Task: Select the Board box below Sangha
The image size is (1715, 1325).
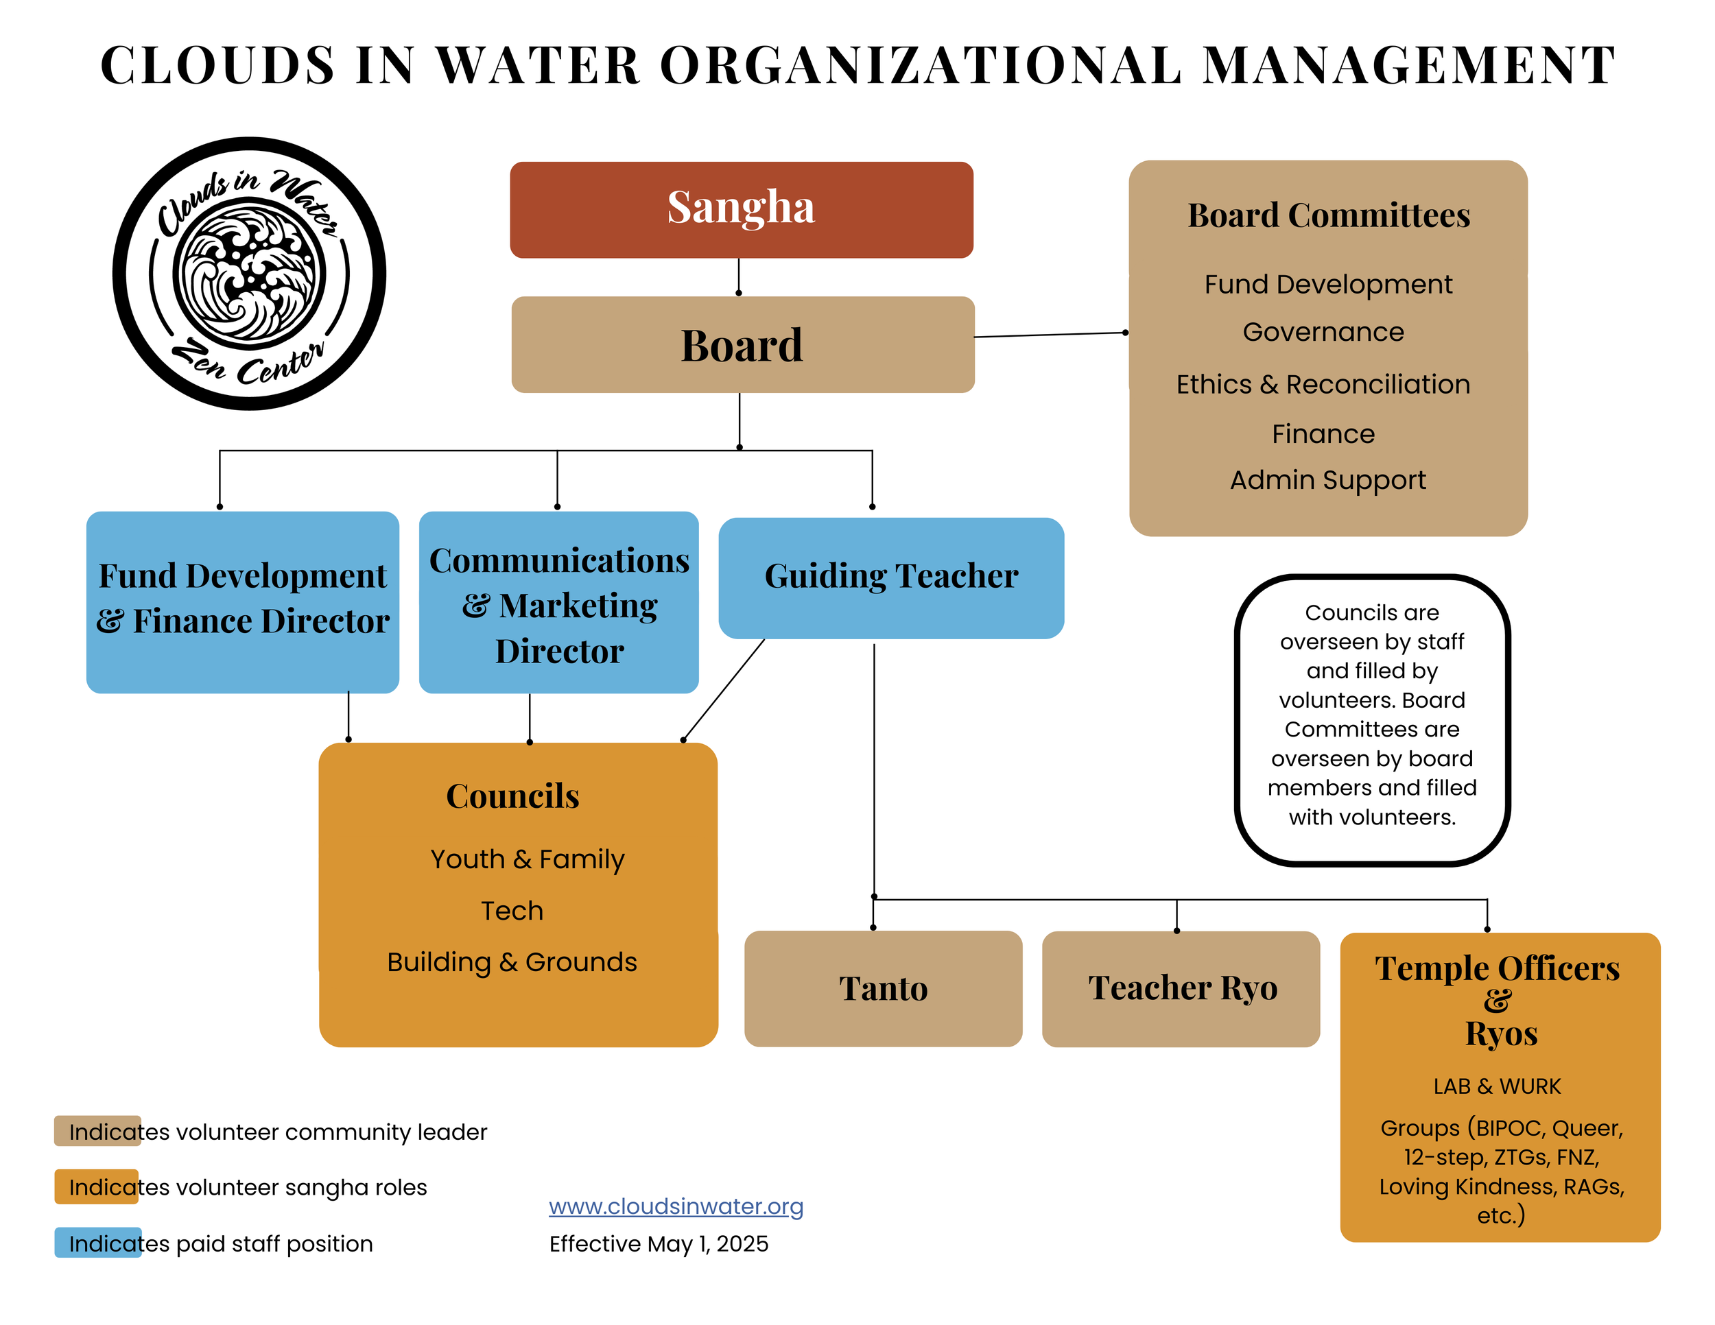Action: (742, 344)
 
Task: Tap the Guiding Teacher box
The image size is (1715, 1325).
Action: (890, 577)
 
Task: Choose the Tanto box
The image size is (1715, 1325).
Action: (883, 988)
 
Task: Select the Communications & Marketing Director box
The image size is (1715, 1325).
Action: (558, 603)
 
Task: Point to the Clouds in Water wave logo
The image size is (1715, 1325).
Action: (249, 273)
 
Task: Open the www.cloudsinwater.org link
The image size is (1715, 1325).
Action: (675, 1206)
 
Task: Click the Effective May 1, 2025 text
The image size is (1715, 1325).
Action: (658, 1243)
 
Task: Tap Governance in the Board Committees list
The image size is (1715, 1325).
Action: (1323, 332)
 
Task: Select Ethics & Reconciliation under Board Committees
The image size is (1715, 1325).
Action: (1323, 384)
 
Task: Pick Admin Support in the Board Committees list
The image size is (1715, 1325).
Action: (1327, 479)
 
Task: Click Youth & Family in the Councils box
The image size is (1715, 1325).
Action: (527, 859)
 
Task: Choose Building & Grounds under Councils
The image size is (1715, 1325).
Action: (512, 962)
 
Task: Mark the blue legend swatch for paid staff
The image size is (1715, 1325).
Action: (97, 1243)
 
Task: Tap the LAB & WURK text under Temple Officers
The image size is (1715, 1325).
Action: (1497, 1086)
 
